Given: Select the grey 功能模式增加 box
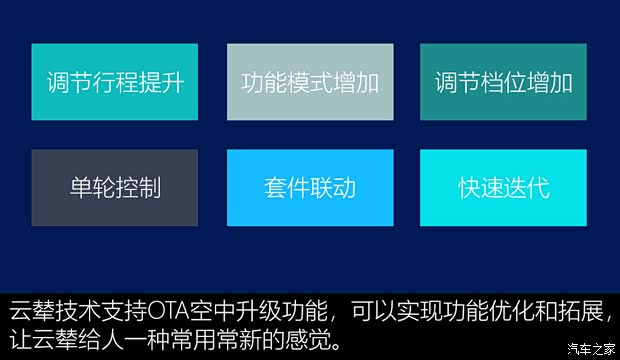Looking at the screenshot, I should tap(309, 82).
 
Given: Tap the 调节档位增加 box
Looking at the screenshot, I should tap(503, 82).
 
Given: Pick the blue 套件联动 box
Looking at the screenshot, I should tap(309, 187).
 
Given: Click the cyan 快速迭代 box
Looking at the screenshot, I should tap(503, 187).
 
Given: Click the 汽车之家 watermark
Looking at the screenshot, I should tap(590, 348).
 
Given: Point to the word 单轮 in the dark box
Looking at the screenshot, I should tap(93, 187).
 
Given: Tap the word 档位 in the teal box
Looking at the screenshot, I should tap(503, 82).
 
